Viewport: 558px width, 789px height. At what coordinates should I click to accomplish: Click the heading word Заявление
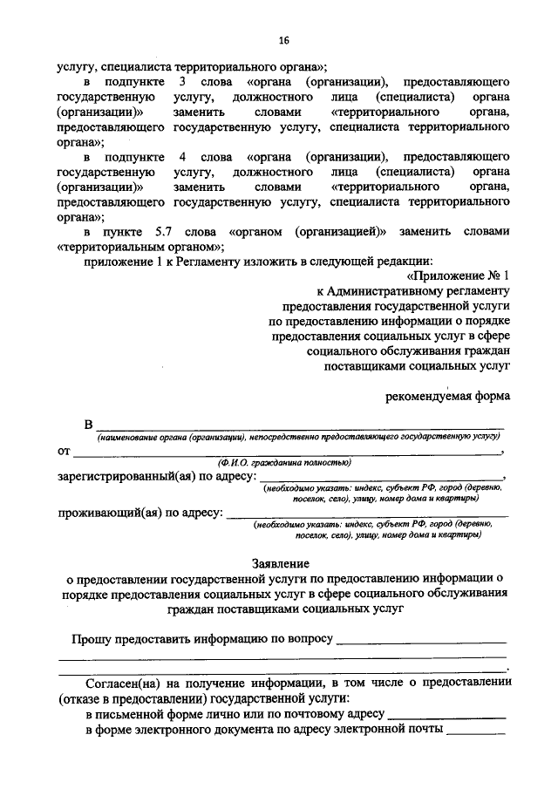point(283,565)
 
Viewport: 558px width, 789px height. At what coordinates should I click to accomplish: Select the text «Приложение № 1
point(456,276)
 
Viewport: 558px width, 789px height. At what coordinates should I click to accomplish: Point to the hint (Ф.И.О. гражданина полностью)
point(284,462)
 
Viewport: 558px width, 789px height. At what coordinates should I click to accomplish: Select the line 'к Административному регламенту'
point(412,292)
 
